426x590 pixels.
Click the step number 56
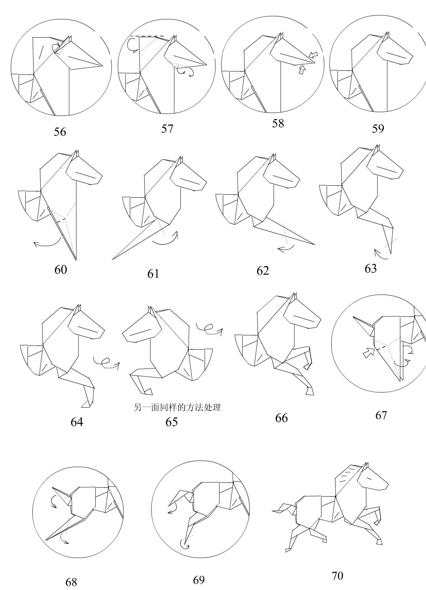pos(60,132)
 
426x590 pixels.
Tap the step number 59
pos(378,129)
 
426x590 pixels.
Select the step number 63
pos(371,269)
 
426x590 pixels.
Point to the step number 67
pos(381,415)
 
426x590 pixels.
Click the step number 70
pos(337,576)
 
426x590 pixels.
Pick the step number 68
pos(71,582)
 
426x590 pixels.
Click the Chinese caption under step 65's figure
pos(177,408)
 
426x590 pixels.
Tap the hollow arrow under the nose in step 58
pos(302,70)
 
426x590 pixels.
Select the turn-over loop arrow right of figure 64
pos(106,362)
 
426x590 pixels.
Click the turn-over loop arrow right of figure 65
pos(209,328)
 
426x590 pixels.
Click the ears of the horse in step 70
pos(366,465)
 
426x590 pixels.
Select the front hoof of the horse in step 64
pos(87,404)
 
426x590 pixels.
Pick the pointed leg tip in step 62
pos(313,244)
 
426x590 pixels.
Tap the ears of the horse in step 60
pos(76,153)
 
